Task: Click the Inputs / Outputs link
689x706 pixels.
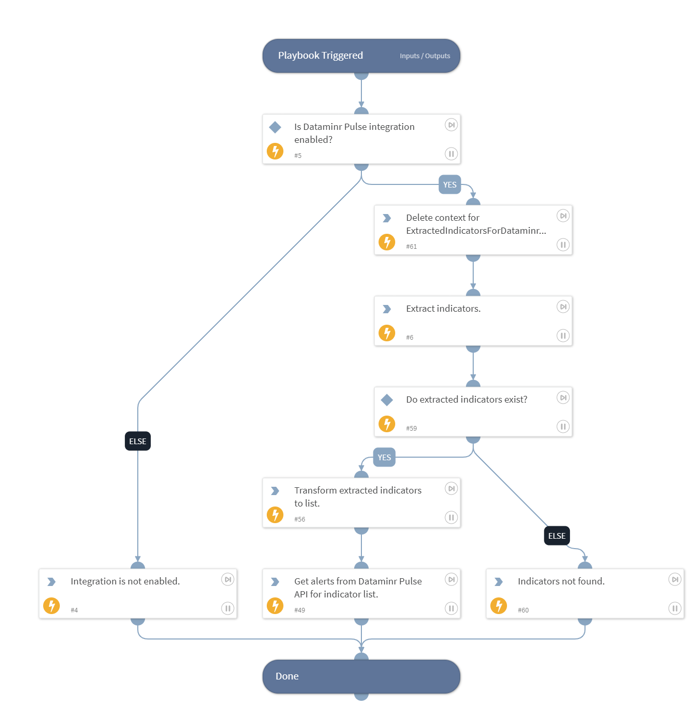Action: [424, 56]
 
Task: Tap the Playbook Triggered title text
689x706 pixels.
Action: [320, 56]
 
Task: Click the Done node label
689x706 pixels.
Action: [287, 676]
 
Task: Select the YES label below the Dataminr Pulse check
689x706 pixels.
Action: [450, 185]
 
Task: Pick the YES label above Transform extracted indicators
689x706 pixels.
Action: [384, 458]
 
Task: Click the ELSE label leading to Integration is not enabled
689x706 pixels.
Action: [138, 442]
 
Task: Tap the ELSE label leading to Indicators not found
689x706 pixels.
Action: [556, 536]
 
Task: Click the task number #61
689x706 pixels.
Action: [411, 247]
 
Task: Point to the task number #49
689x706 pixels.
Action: [300, 610]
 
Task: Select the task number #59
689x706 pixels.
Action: [411, 429]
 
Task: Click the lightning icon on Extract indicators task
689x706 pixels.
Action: [387, 333]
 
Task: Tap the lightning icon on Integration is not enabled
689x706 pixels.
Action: [51, 606]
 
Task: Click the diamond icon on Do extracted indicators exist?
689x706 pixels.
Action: [387, 400]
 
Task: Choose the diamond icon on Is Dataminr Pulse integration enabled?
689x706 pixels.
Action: [275, 127]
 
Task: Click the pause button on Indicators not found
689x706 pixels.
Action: [674, 608]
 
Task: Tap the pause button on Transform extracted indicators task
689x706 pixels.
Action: [451, 517]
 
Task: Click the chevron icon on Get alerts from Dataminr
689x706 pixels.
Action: [275, 582]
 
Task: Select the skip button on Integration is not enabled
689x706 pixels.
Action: [227, 579]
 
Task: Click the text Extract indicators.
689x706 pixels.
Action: [443, 309]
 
